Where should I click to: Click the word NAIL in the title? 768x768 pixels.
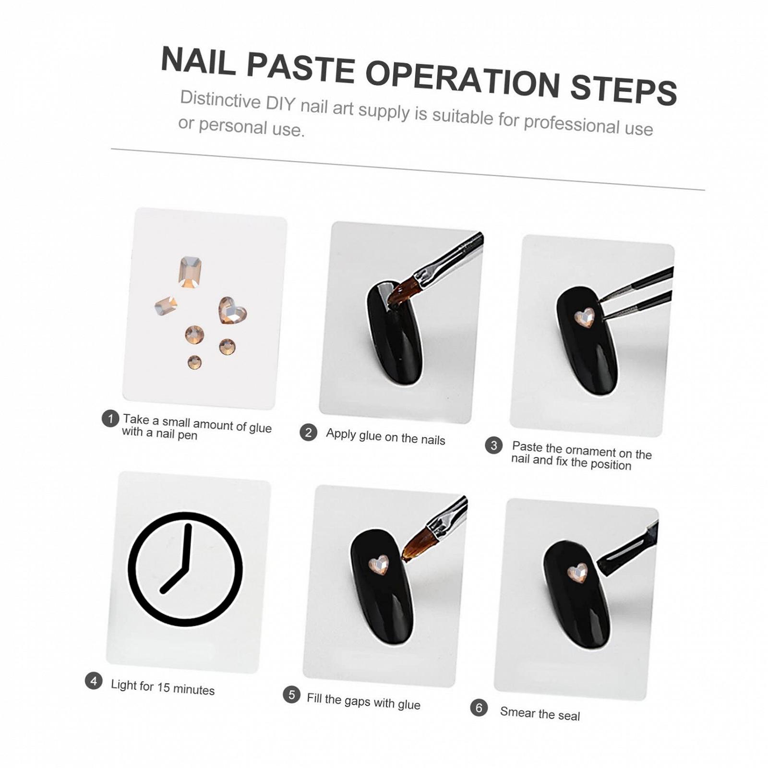point(198,61)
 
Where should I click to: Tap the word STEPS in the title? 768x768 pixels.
point(624,90)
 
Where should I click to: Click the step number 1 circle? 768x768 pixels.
point(110,419)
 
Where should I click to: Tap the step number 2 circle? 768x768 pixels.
point(308,432)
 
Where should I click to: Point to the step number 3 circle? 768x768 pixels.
point(493,445)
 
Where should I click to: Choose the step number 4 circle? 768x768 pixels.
point(94,681)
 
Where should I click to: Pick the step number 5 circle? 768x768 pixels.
point(291,695)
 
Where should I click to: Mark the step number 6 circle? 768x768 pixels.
point(479,708)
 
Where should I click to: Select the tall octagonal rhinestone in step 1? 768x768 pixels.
point(190,272)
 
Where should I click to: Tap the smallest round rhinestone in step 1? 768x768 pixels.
point(194,362)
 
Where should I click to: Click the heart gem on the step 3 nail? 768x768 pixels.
point(584,317)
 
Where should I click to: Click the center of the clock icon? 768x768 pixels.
point(185,569)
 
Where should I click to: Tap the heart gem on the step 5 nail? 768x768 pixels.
point(379,564)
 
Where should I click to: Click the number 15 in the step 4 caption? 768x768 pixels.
point(163,687)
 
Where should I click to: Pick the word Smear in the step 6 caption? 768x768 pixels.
point(517,712)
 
